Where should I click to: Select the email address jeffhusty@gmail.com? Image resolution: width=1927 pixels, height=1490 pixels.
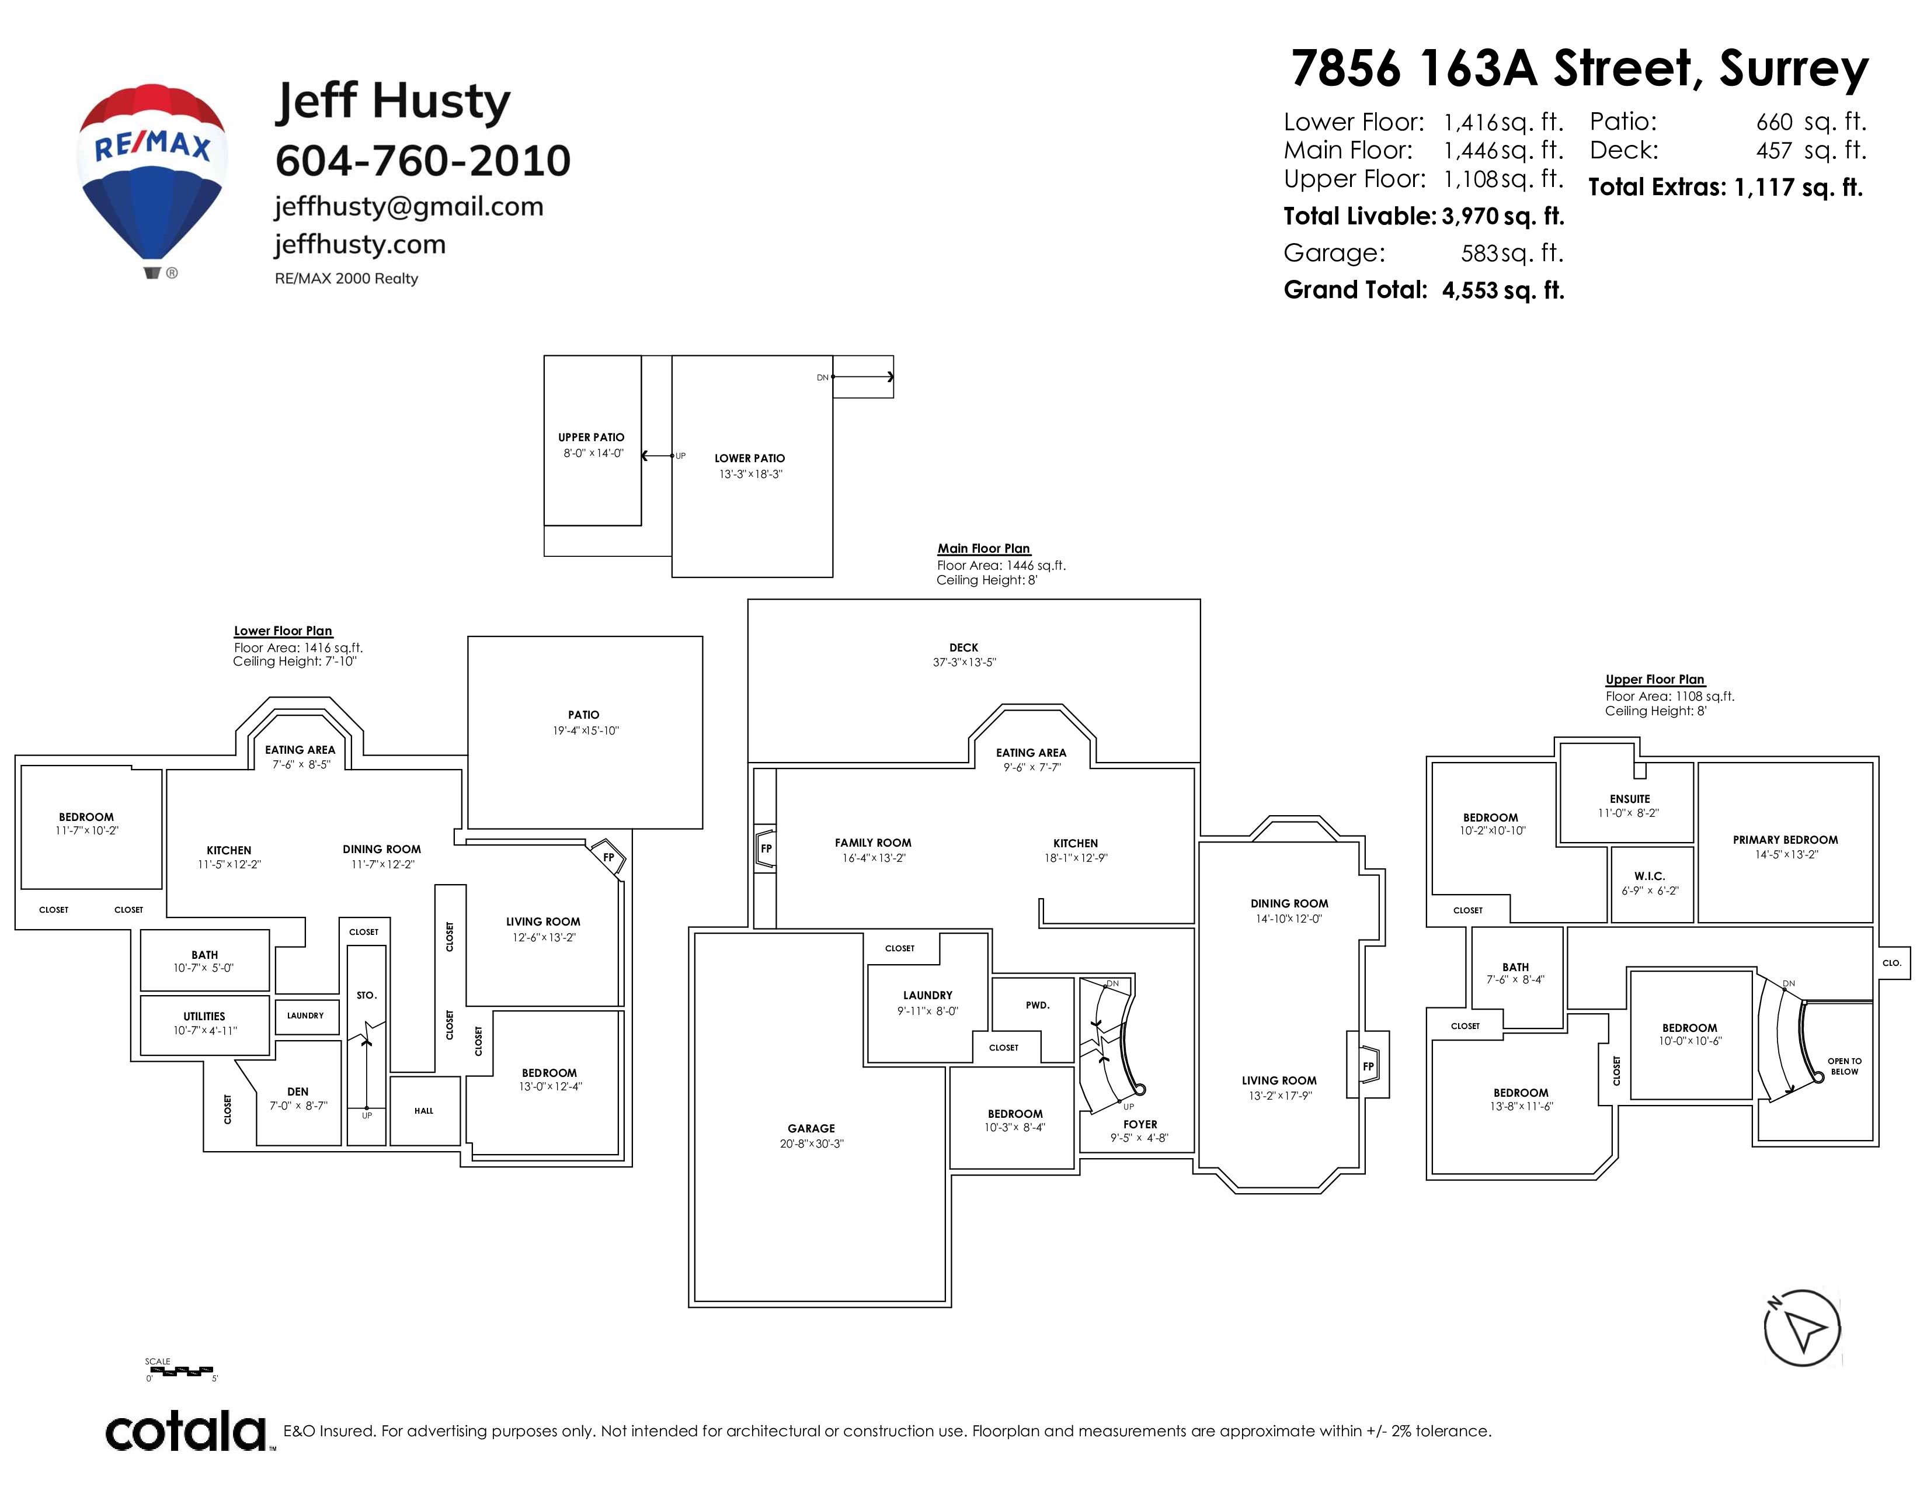(409, 206)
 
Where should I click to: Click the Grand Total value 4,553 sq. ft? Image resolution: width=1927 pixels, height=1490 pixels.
(1502, 290)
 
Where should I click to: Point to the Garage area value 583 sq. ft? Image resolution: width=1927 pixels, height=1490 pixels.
(1511, 254)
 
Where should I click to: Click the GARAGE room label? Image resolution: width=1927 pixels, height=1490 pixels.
(811, 1128)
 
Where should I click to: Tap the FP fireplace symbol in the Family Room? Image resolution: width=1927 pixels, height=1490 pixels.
(766, 848)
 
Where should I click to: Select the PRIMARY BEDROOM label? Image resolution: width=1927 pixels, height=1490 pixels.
(1785, 840)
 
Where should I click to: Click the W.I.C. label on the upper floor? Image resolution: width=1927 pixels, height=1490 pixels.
(1649, 876)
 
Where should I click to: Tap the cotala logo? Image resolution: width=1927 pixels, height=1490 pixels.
(187, 1431)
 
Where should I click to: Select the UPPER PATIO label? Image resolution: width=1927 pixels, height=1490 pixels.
(591, 437)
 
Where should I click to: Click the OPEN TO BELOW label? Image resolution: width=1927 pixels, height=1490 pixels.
(1844, 1066)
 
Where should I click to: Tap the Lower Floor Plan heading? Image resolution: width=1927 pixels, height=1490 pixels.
(283, 631)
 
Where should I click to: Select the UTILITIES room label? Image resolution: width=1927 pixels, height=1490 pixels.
(204, 1016)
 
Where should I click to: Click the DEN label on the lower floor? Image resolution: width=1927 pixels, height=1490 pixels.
(298, 1091)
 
